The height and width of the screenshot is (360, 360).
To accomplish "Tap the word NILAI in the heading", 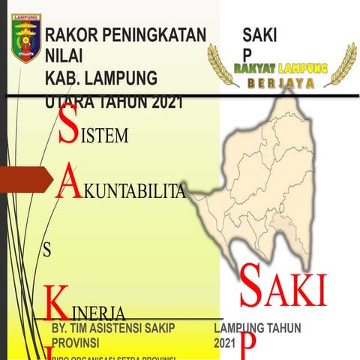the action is [x=64, y=55].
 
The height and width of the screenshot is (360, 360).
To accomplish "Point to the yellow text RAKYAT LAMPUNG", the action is [x=282, y=67].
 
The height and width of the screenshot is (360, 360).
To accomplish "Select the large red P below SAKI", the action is [x=248, y=345].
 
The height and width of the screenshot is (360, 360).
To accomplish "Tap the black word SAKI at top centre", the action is [x=259, y=34].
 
